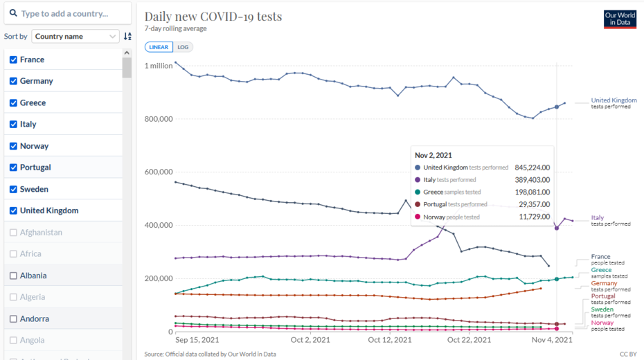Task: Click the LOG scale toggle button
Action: (183, 47)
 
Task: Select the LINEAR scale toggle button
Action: (159, 47)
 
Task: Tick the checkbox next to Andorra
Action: (13, 318)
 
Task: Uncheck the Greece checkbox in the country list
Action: (13, 102)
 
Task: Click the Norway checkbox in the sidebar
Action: (13, 146)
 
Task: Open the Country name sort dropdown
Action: (75, 37)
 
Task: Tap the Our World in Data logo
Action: (619, 19)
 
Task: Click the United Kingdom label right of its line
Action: (614, 100)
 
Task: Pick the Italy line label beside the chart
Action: (598, 218)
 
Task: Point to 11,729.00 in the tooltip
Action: (534, 217)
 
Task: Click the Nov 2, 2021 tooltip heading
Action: (433, 155)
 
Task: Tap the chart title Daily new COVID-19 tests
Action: (213, 16)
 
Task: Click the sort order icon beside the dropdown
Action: (127, 37)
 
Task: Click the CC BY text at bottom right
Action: (627, 354)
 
